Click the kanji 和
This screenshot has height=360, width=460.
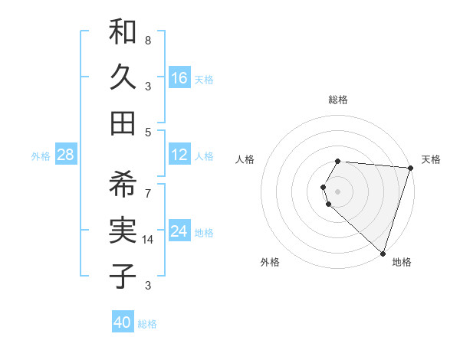pyautogui.click(x=123, y=33)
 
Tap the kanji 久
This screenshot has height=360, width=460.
pyautogui.click(x=123, y=77)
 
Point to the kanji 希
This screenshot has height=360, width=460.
pyautogui.click(x=123, y=185)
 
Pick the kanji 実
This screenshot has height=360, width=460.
pyautogui.click(x=123, y=230)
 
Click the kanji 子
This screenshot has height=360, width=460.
pyautogui.click(x=123, y=276)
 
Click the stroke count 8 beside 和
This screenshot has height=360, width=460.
pyautogui.click(x=148, y=40)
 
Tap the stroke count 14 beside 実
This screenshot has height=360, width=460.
pyautogui.click(x=149, y=240)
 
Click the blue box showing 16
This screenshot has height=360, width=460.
pyautogui.click(x=179, y=78)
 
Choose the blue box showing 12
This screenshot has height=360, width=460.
pyautogui.click(x=179, y=155)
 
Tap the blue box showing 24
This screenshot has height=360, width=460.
pyautogui.click(x=179, y=231)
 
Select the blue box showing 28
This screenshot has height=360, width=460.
pyautogui.click(x=65, y=155)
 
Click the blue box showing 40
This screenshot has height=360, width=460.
pyautogui.click(x=123, y=322)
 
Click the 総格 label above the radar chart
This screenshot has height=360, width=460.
pyautogui.click(x=338, y=100)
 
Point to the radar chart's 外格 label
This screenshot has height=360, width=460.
pyautogui.click(x=270, y=262)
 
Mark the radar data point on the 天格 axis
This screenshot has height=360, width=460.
pyautogui.click(x=410, y=169)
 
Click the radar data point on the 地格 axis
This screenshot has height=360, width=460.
pyautogui.click(x=383, y=253)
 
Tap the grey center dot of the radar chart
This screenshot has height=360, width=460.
pyautogui.click(x=338, y=190)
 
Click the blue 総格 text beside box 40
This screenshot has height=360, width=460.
pyautogui.click(x=147, y=324)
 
